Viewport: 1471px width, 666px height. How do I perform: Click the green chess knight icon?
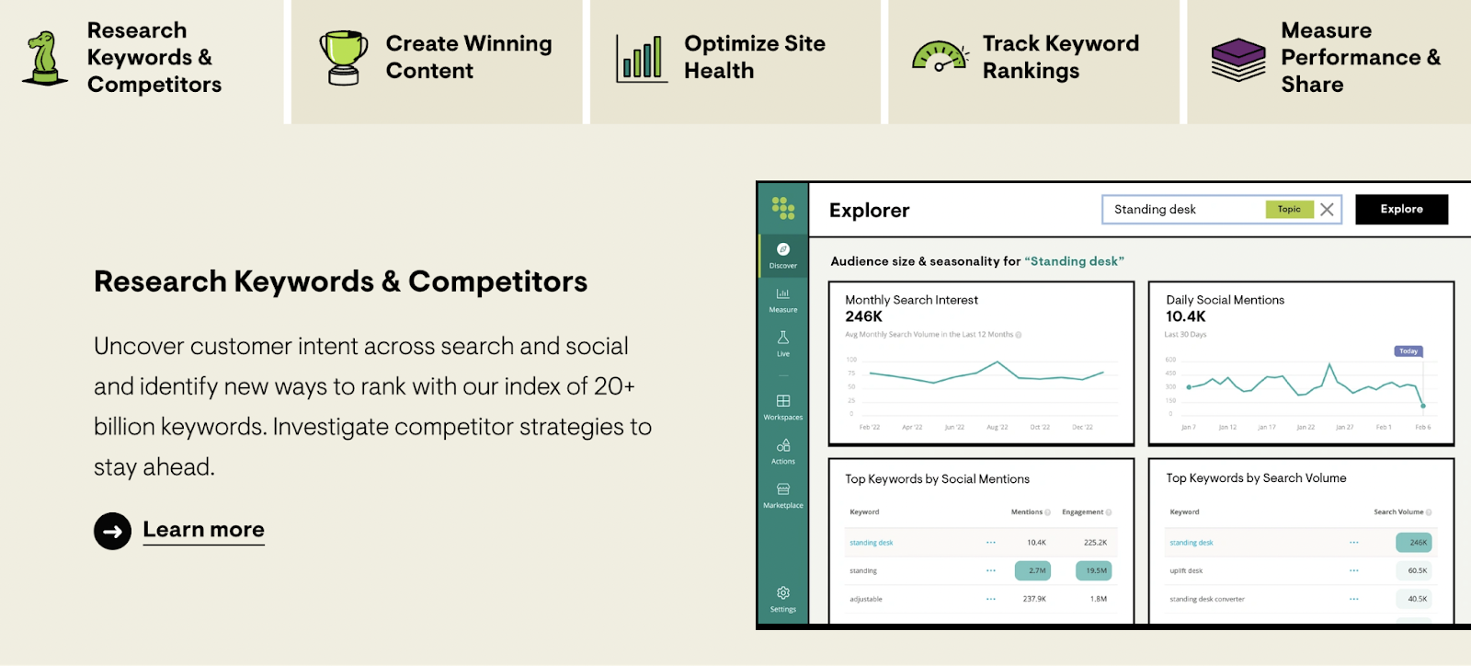[x=44, y=57]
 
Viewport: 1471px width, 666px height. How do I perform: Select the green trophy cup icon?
[x=344, y=57]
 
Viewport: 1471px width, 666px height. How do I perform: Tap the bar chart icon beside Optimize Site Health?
[x=642, y=59]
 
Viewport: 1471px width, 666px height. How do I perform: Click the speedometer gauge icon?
[x=940, y=56]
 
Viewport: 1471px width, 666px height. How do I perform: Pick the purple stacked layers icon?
[x=1238, y=59]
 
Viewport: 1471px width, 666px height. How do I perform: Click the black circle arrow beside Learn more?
[x=112, y=531]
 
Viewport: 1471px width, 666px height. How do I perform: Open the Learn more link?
[x=203, y=530]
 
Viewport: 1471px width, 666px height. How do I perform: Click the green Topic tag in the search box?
[x=1289, y=210]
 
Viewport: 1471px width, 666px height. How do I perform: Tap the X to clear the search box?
[x=1327, y=210]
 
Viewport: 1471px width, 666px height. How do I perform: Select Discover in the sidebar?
[x=783, y=255]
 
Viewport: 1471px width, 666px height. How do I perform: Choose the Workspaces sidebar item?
[x=783, y=407]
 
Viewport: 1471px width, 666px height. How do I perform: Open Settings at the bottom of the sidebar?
[x=783, y=599]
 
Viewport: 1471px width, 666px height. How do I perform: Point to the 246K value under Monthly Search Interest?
[x=863, y=316]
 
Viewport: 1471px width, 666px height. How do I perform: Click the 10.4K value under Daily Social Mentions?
[x=1185, y=316]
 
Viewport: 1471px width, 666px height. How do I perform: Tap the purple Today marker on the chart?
[x=1408, y=351]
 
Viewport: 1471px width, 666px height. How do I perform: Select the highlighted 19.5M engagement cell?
[x=1094, y=571]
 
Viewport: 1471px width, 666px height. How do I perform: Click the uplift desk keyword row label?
[x=1186, y=571]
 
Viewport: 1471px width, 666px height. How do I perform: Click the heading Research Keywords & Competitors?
[x=340, y=281]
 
